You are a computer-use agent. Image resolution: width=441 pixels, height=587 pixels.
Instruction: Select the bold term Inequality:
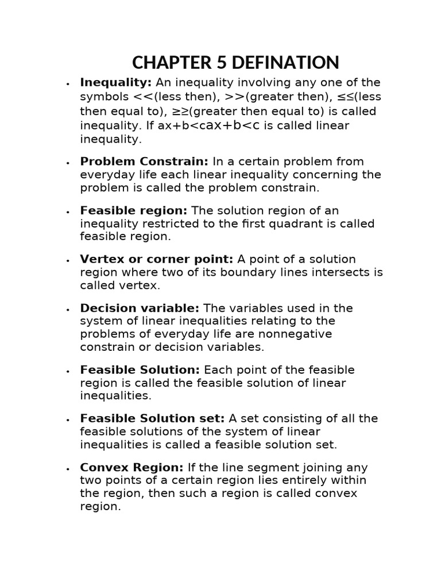click(x=116, y=83)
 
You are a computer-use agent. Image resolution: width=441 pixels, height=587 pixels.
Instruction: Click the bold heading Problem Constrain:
click(x=144, y=161)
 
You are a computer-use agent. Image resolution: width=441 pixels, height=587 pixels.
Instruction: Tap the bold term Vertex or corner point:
click(x=157, y=259)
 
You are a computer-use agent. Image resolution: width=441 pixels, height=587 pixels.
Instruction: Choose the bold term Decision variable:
click(x=140, y=308)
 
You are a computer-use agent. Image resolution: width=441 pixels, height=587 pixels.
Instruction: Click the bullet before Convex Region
click(x=68, y=468)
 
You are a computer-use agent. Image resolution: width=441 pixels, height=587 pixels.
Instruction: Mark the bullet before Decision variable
click(x=68, y=309)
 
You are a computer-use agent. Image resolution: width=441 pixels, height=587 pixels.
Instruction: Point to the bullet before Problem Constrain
click(x=68, y=162)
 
